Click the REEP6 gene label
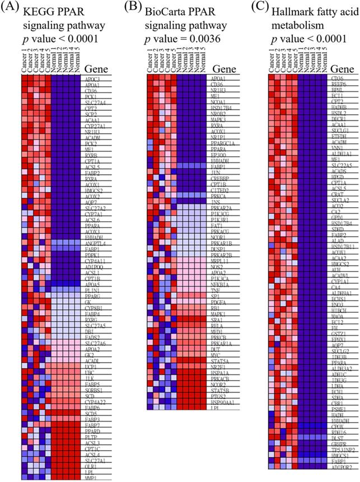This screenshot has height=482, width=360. (338, 85)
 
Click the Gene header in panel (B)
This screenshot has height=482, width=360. (222, 69)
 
